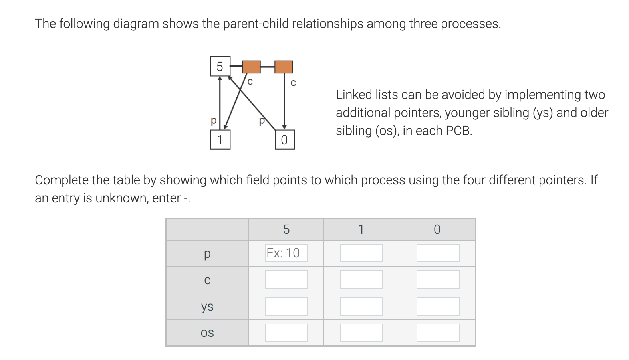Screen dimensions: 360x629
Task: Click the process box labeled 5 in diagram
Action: (x=220, y=66)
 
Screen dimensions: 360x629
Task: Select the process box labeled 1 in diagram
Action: (x=220, y=140)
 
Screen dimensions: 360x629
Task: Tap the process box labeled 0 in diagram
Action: (x=284, y=140)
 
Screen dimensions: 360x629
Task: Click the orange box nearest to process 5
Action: (x=252, y=67)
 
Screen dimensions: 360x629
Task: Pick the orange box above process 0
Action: (x=284, y=67)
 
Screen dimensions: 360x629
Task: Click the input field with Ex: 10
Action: (x=286, y=253)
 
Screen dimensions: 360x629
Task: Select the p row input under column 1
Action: (x=361, y=253)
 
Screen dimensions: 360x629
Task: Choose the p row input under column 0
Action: (x=438, y=253)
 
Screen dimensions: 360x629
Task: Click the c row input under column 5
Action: (x=286, y=279)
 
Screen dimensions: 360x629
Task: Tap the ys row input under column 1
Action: (x=361, y=306)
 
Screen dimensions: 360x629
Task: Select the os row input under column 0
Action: (x=438, y=332)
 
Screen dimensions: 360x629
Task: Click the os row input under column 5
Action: (x=286, y=332)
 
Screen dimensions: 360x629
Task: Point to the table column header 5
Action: (x=286, y=229)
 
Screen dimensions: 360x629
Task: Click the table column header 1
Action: (x=361, y=229)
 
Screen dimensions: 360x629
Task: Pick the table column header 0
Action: (x=437, y=229)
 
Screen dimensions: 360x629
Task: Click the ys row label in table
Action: (x=207, y=306)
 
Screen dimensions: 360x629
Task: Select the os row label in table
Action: (x=207, y=332)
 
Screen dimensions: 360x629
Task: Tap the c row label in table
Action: (x=207, y=280)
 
